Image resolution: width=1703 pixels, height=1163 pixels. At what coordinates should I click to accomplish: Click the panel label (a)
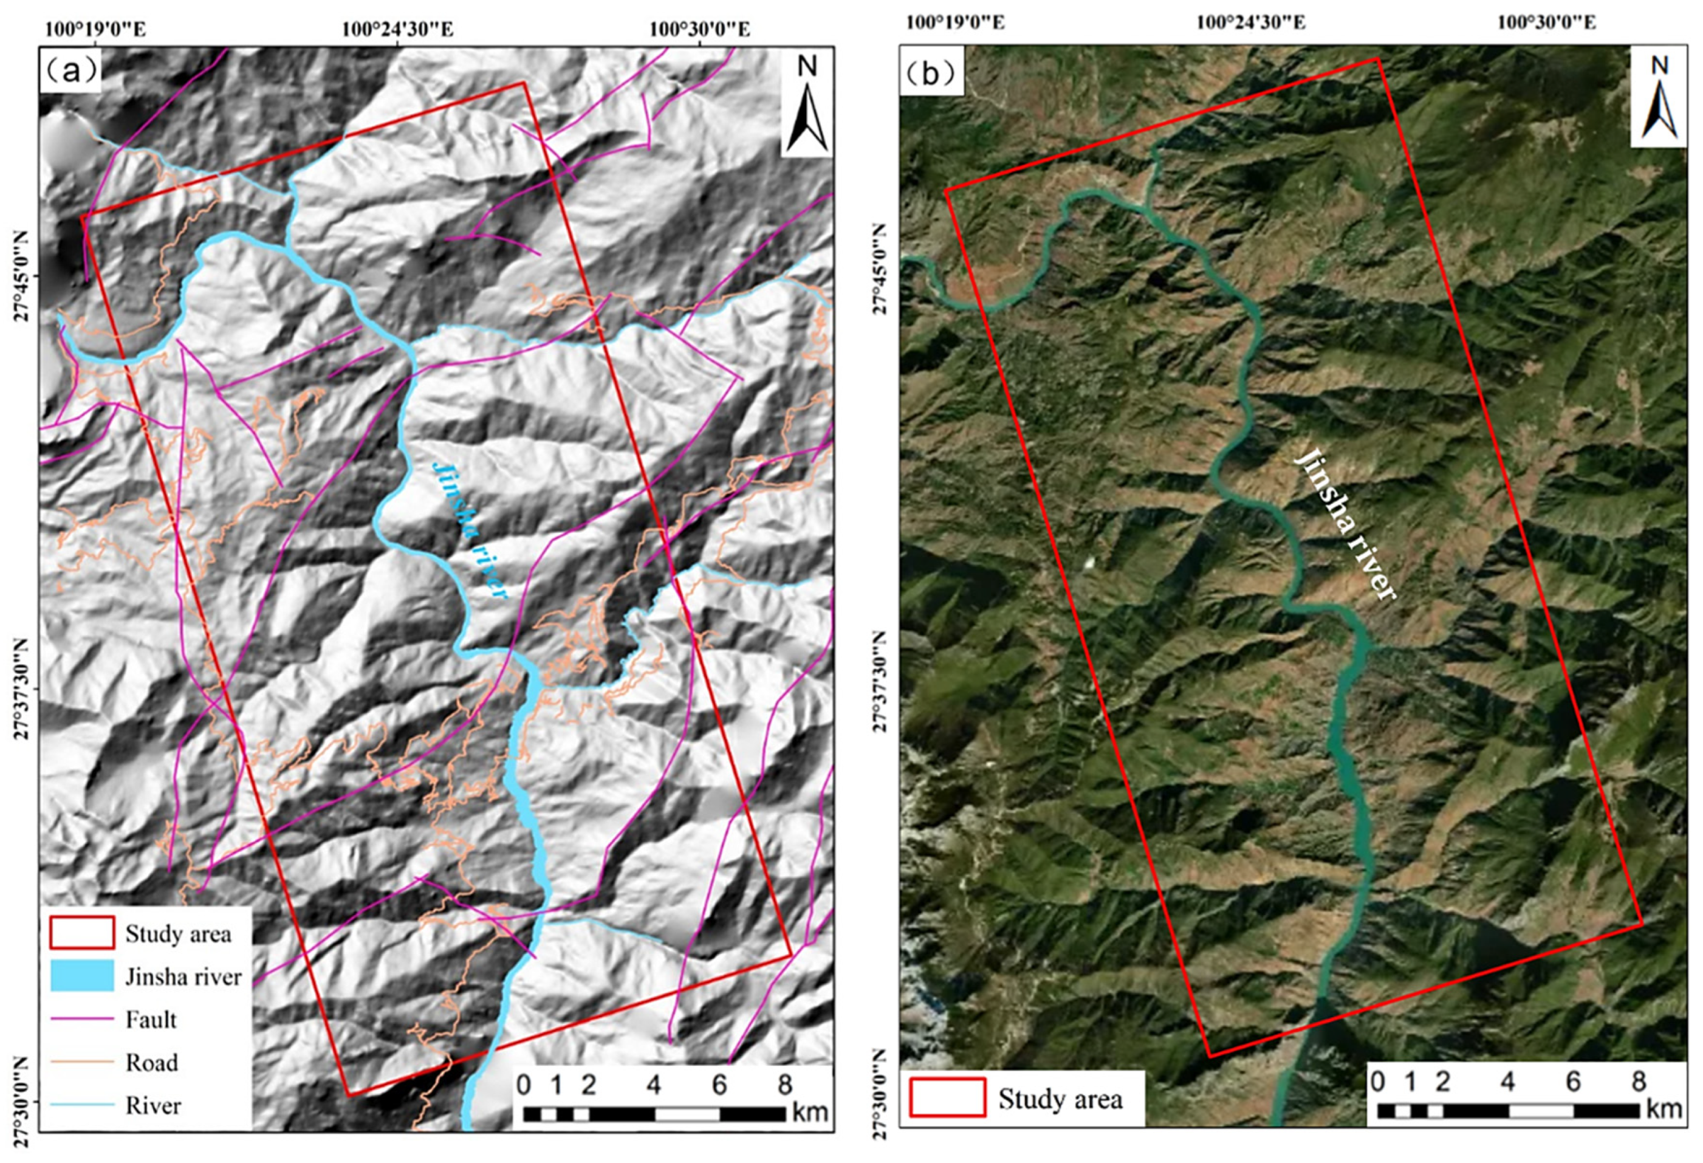tap(70, 71)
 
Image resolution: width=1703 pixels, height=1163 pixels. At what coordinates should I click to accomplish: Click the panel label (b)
tap(931, 74)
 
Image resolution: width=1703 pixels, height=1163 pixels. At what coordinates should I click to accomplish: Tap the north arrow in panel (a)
tap(807, 103)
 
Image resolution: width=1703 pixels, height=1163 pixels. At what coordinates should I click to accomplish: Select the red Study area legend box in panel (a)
tap(81, 933)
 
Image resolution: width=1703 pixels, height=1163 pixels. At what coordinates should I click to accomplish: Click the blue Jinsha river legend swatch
tap(81, 976)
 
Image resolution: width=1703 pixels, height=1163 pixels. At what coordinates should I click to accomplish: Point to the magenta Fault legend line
tap(81, 1020)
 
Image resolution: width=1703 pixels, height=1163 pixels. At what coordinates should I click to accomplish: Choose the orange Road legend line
tap(81, 1062)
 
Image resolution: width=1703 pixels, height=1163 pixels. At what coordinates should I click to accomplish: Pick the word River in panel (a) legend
tap(152, 1105)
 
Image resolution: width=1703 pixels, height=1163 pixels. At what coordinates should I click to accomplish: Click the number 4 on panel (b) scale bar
tap(1508, 1082)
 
